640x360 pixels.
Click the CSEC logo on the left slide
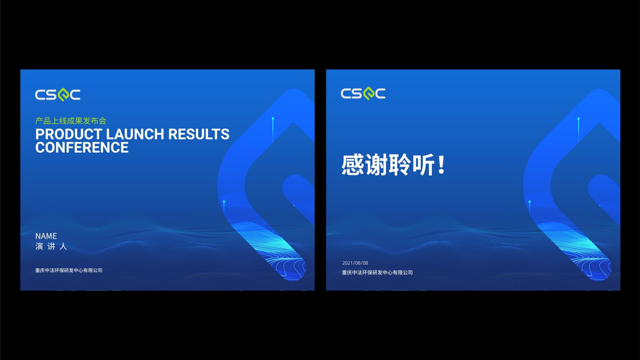tap(58, 95)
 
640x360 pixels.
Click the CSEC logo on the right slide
tap(363, 93)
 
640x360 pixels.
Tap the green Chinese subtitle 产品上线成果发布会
tap(71, 121)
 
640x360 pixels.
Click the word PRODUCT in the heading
tap(69, 134)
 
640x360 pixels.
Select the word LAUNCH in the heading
tap(135, 134)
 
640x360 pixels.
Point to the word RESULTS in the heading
tap(199, 134)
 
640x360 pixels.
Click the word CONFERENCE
tap(82, 148)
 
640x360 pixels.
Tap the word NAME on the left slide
tap(46, 236)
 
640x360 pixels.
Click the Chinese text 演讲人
tap(51, 246)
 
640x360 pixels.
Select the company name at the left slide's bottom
tap(69, 270)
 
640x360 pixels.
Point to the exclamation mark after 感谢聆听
tap(442, 165)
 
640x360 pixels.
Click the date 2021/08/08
tap(355, 263)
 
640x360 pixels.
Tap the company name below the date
tap(377, 273)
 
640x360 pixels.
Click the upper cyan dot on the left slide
tap(273, 119)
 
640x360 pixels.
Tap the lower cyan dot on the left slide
tap(224, 202)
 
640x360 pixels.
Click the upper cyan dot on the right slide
tap(579, 119)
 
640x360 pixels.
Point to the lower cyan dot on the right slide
tap(530, 202)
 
